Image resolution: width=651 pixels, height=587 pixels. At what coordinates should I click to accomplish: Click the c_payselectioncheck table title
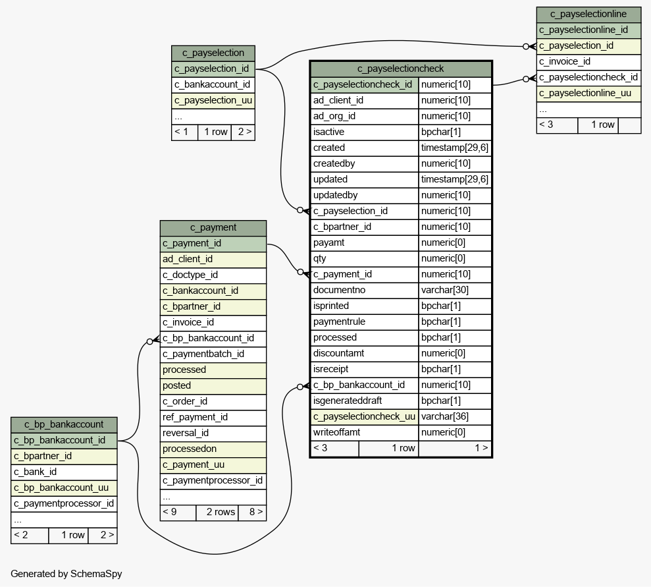(401, 69)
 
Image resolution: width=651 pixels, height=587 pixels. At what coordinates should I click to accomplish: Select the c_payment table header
(213, 228)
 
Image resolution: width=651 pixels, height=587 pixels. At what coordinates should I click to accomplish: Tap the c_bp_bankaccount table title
(64, 424)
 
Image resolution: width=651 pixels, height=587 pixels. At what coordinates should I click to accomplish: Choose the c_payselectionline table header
(588, 14)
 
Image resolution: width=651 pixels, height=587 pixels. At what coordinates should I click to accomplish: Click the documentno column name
(339, 290)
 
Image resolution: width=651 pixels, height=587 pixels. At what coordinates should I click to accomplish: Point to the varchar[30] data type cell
(445, 290)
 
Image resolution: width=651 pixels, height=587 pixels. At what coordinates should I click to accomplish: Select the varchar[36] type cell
(445, 416)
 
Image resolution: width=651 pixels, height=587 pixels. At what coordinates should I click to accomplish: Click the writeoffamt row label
(337, 432)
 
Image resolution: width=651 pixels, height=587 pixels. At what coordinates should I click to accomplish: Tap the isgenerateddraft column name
(348, 401)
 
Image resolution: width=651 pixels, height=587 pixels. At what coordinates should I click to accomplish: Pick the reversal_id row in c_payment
(213, 433)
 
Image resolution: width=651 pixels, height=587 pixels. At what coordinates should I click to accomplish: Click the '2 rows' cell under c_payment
(217, 512)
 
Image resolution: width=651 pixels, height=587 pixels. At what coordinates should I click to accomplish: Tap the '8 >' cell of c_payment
(252, 512)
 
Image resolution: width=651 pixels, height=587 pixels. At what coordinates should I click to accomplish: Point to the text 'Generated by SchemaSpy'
(66, 574)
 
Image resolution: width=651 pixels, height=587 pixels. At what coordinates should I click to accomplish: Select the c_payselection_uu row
(213, 101)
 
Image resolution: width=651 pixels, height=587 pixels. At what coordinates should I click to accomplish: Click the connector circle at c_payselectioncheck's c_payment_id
(301, 272)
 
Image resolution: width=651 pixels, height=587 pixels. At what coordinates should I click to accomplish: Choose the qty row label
(320, 258)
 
